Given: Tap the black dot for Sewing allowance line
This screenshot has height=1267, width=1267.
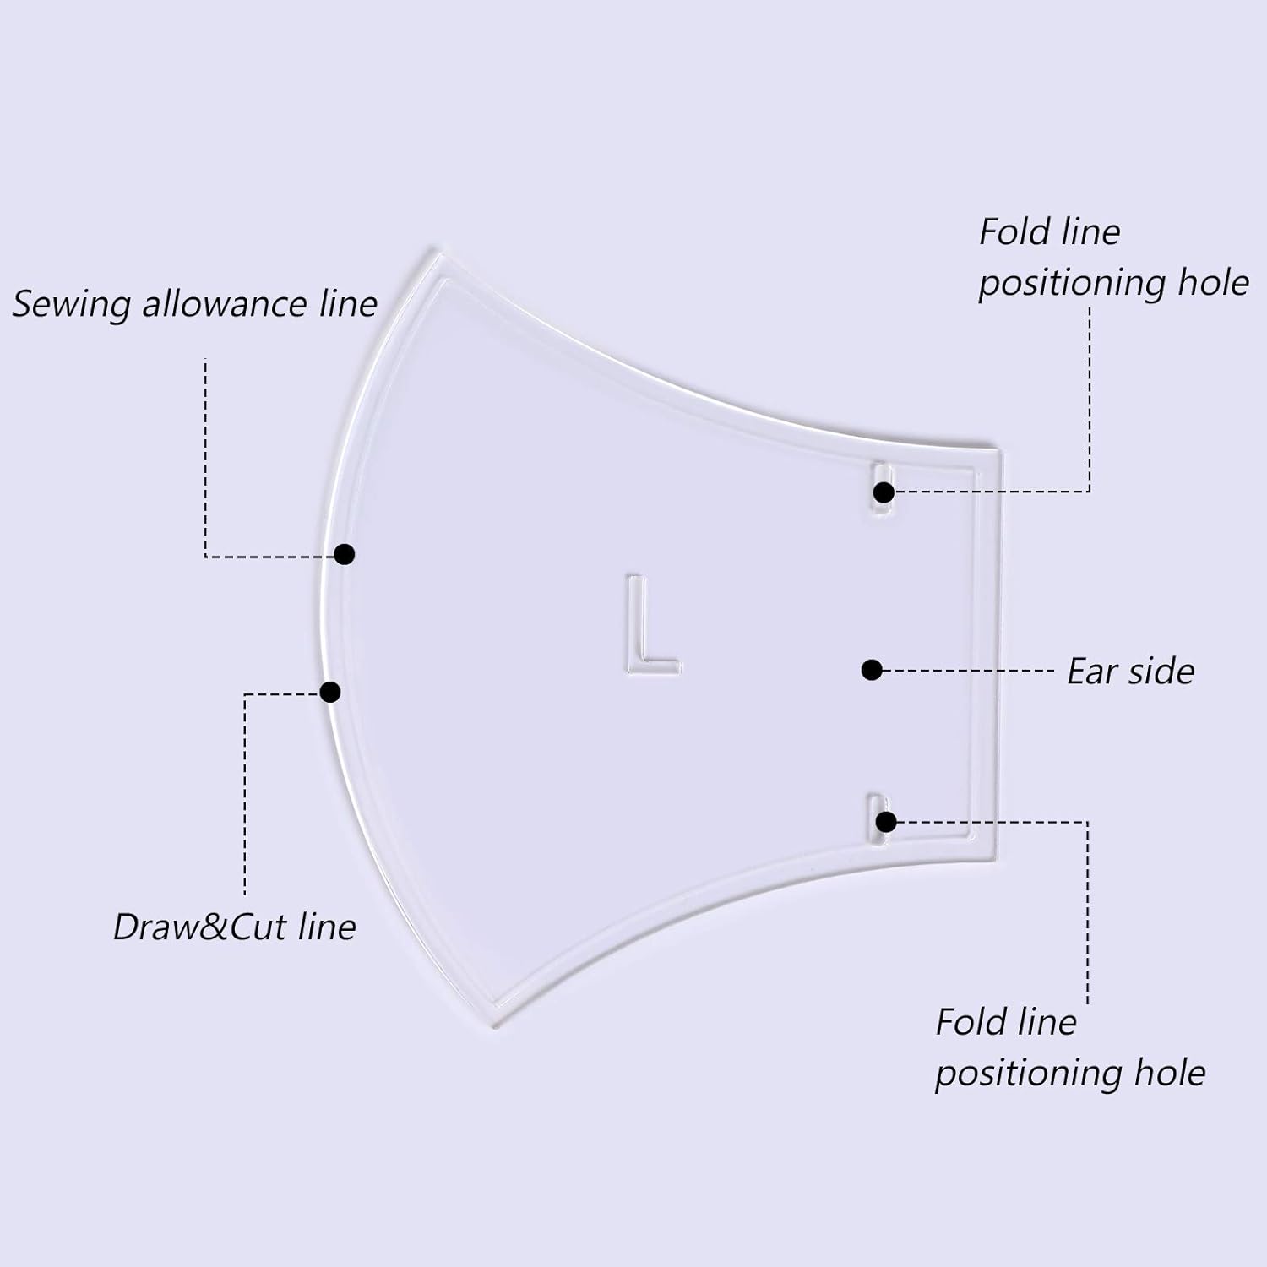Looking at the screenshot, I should pos(344,554).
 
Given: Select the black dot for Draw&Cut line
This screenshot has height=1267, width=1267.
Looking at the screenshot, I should pos(330,692).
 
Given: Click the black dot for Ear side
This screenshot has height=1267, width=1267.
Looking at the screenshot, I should pos(872,670).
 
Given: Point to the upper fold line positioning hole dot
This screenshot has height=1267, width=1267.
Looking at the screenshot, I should pos(884,492).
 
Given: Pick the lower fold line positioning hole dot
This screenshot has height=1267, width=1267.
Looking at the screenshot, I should pos(885,821).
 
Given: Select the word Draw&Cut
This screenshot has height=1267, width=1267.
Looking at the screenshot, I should pos(200,927).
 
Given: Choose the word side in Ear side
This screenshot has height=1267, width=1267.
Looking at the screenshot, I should pos(1162,672).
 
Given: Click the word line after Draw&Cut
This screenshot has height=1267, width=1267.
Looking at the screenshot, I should pos(327,927).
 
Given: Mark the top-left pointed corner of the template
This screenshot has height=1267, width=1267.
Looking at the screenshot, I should pos(436,251).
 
